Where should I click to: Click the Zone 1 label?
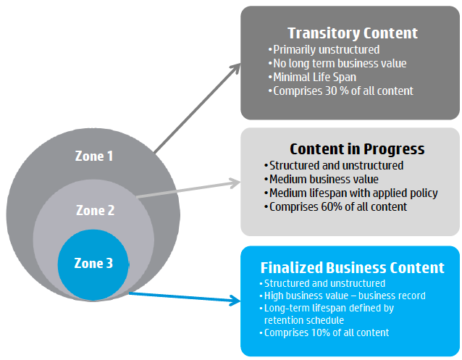point(94,156)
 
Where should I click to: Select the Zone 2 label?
point(95,210)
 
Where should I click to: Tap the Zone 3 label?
point(93,263)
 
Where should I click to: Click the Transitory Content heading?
point(353,33)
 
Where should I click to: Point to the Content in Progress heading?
point(357,149)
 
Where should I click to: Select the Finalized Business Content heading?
point(352,268)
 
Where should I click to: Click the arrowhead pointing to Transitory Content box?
point(235,68)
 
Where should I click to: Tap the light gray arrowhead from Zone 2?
point(235,183)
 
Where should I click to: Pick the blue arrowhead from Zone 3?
point(235,301)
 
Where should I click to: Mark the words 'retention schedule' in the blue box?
point(304,320)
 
